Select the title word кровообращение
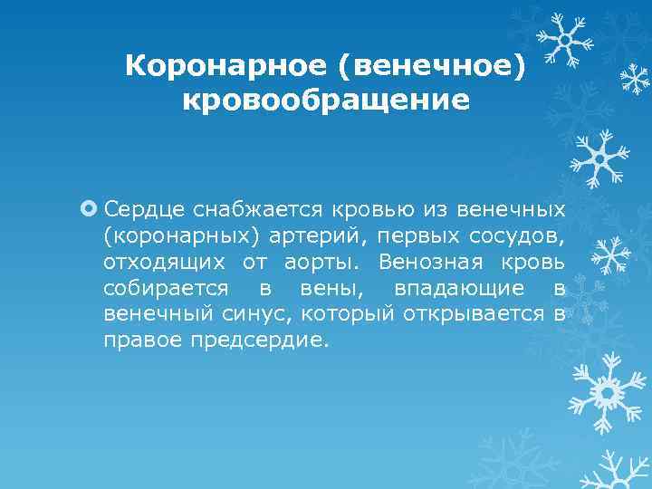coord(326,99)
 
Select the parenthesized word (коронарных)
coord(177,236)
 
